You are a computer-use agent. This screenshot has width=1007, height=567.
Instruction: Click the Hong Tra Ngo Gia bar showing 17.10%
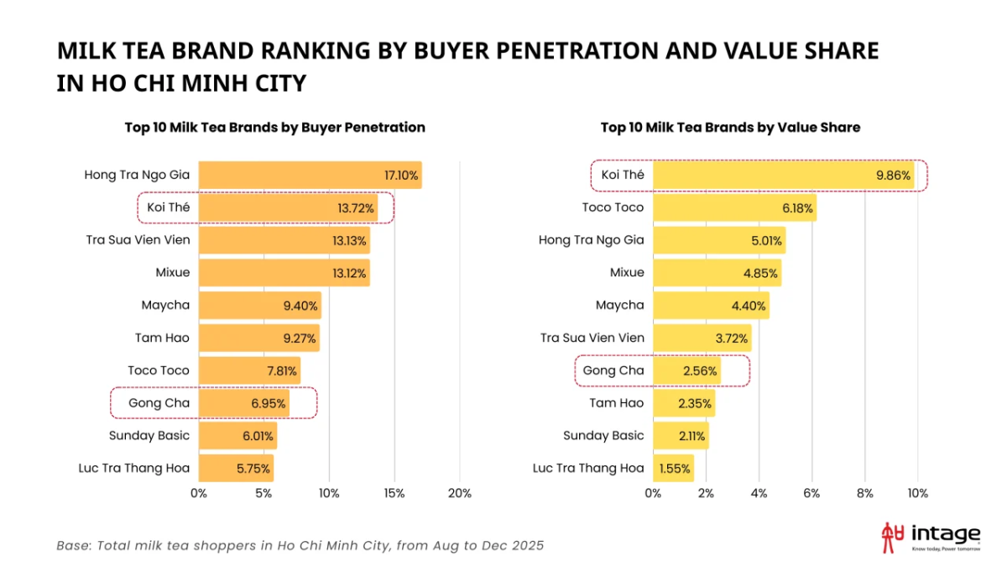pyautogui.click(x=310, y=175)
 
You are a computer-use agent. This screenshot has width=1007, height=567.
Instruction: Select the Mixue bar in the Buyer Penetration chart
pyautogui.click(x=284, y=273)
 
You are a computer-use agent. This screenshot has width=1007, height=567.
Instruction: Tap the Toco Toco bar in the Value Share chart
pyautogui.click(x=734, y=207)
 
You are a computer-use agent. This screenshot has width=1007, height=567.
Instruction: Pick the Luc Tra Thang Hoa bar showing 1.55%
pyautogui.click(x=673, y=469)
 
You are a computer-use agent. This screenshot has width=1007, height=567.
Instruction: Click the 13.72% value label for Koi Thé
pyautogui.click(x=356, y=208)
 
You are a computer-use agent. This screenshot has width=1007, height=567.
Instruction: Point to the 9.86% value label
pyautogui.click(x=893, y=176)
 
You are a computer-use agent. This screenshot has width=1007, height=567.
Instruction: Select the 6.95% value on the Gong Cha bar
pyautogui.click(x=268, y=404)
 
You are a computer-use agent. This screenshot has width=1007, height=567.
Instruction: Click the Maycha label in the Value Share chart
pyautogui.click(x=619, y=306)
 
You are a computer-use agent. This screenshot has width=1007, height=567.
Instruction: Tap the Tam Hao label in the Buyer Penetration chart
pyautogui.click(x=162, y=338)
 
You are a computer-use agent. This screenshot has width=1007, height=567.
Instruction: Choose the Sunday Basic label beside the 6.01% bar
pyautogui.click(x=149, y=436)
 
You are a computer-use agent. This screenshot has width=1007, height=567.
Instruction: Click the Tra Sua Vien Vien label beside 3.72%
pyautogui.click(x=592, y=338)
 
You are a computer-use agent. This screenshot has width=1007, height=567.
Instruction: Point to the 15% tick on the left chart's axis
pyautogui.click(x=394, y=494)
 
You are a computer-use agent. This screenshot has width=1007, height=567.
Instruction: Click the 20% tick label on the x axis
pyautogui.click(x=460, y=494)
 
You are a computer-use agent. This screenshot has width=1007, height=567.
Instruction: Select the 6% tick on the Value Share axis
pyautogui.click(x=811, y=494)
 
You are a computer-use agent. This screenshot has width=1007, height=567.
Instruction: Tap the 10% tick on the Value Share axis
pyautogui.click(x=917, y=494)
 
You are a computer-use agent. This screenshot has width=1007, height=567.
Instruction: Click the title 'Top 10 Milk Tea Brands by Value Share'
pyautogui.click(x=731, y=128)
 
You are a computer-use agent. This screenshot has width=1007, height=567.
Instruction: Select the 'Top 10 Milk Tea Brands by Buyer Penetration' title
pyautogui.click(x=274, y=128)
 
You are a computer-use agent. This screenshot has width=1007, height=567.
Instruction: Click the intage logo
pyautogui.click(x=931, y=538)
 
